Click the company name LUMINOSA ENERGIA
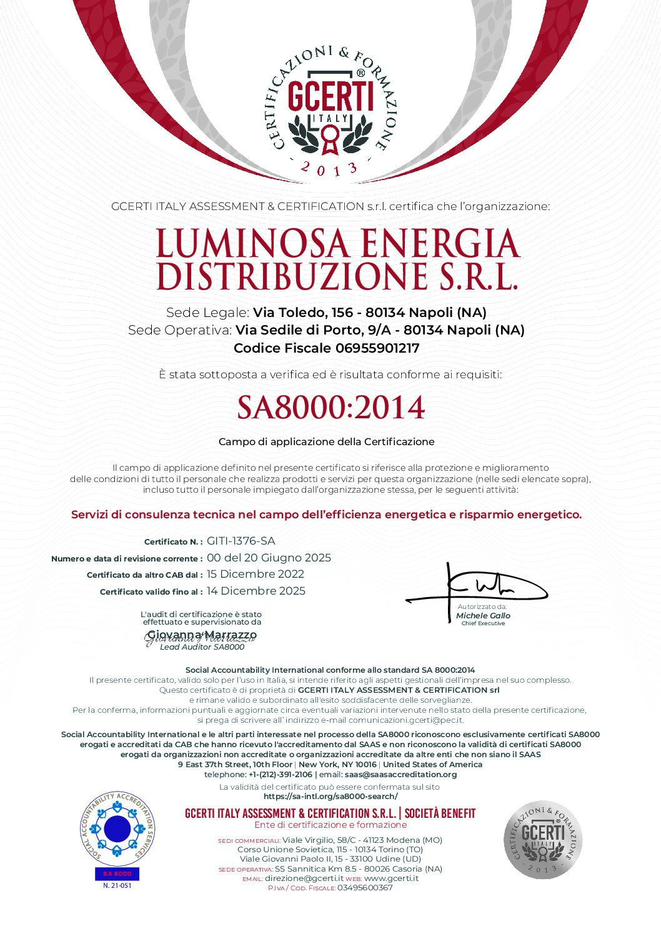337,243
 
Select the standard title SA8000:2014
330,407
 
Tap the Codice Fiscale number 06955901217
377,348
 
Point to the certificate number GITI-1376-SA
241,541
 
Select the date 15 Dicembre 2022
256,574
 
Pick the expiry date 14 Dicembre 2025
256,591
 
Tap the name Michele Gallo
483,616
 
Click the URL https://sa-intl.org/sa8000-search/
330,797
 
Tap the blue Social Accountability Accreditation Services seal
117,829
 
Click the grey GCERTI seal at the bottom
542,840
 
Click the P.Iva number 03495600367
365,888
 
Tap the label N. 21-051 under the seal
117,885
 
